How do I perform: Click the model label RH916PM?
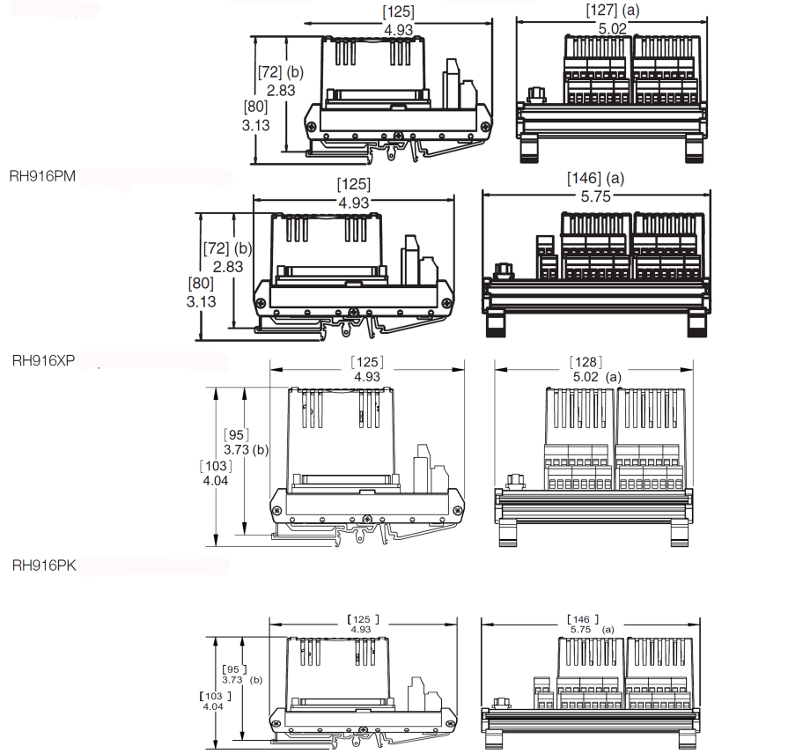coord(43,176)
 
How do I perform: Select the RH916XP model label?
coord(43,360)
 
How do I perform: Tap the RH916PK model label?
coord(44,565)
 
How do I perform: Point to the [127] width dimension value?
coord(601,10)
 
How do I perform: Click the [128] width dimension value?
coord(585,362)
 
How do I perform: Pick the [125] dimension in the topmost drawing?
coord(399,12)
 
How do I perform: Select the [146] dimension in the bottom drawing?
coord(583,619)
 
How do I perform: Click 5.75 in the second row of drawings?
coord(595,196)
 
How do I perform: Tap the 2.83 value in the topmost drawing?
coord(281,91)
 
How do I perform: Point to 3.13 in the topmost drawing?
coord(256,125)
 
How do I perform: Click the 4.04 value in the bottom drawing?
coord(213,706)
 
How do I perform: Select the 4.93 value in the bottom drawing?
coord(361,629)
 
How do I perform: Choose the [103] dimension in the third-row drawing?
coord(216,466)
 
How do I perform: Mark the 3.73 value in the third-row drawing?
coord(237,449)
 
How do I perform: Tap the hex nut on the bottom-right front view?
coord(500,703)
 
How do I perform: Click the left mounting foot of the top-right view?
coord(528,148)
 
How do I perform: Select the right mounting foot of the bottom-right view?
coord(687,738)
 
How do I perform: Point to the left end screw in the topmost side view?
coord(312,126)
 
